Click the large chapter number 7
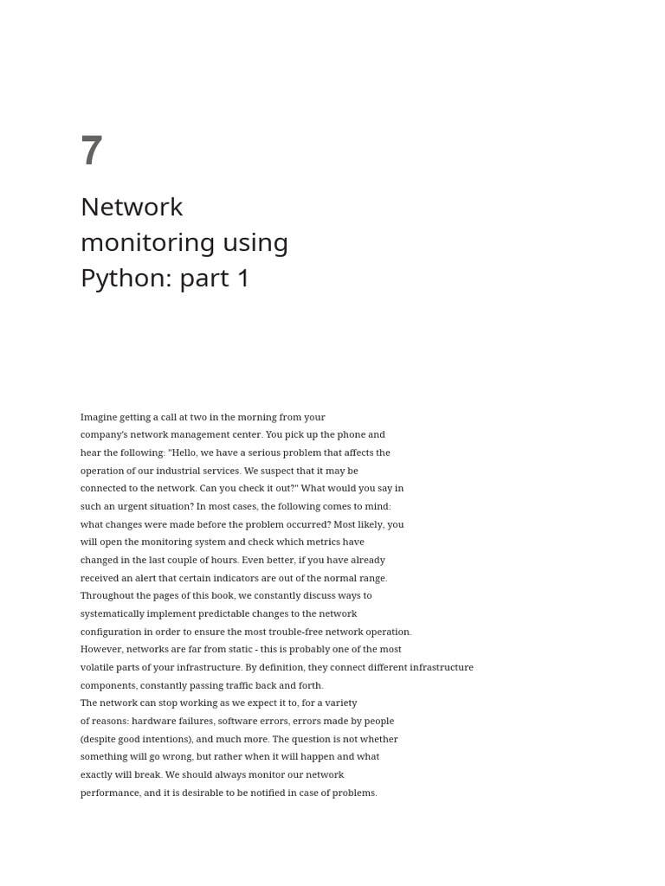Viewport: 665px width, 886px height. [x=92, y=151]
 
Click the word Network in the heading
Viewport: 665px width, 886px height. [x=132, y=207]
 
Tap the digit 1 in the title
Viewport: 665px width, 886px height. [x=243, y=278]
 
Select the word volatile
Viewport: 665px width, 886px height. [x=98, y=667]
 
